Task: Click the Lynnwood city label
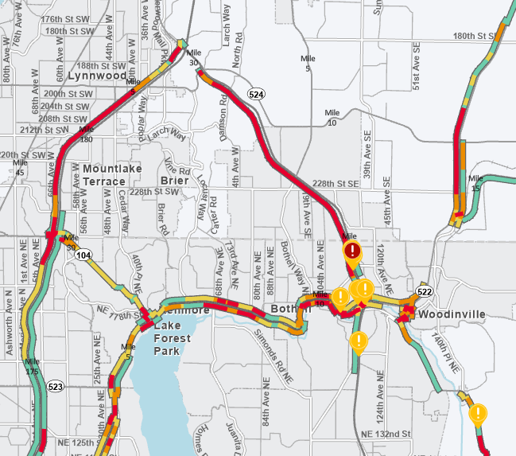pos(97,76)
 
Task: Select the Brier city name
pos(175,181)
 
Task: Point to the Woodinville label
pos(452,314)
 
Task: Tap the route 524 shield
pos(256,95)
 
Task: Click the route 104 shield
pos(84,254)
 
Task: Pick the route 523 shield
pos(55,387)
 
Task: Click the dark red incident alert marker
pos(353,252)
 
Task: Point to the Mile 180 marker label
pos(87,134)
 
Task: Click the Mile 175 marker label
pos(32,367)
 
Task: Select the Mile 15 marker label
pos(476,183)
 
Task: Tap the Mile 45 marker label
pos(19,167)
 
